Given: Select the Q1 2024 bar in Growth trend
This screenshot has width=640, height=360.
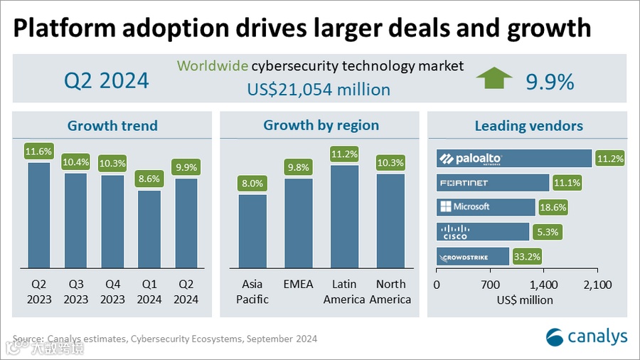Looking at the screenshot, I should (149, 228).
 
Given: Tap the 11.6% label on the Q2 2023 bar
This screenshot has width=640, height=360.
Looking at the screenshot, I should (38, 152).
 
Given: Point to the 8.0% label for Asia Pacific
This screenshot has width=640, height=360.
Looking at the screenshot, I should (252, 183).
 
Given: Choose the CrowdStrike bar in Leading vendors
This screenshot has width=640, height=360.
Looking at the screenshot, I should (473, 257).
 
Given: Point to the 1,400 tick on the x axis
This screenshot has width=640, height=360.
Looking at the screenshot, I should (543, 285).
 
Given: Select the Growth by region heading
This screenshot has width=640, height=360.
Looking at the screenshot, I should (321, 126).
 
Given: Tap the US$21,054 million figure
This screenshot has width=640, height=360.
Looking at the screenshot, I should (319, 90).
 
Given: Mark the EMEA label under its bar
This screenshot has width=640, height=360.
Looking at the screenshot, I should (299, 285).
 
